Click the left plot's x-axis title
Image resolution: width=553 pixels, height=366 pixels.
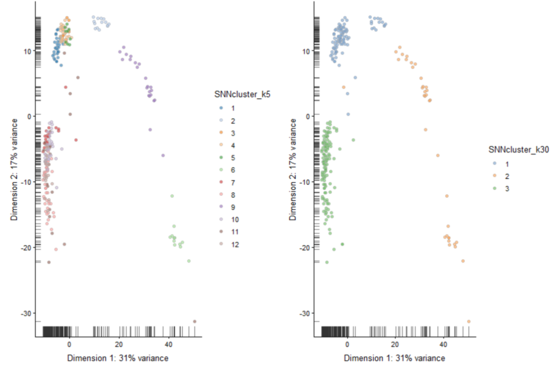(118, 358)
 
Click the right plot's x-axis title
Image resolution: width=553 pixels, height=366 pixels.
(395, 358)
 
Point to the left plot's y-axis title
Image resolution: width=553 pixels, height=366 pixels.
(15, 169)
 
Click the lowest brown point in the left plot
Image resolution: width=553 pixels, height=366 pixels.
(195, 321)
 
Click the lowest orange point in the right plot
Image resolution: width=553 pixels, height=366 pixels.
(469, 321)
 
